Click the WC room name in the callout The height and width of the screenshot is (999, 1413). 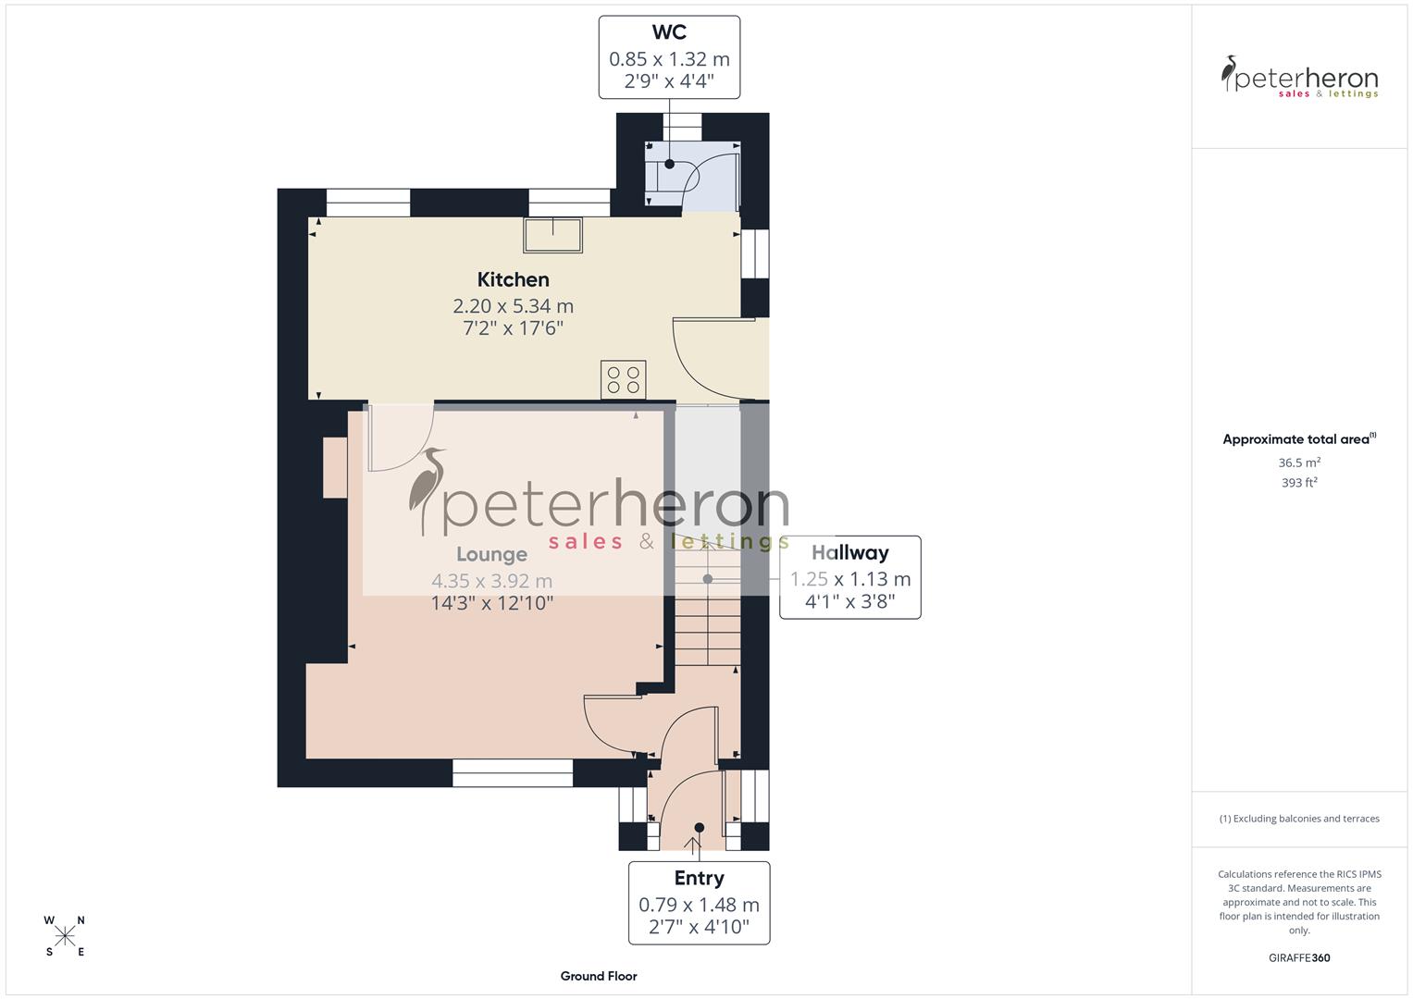[669, 32]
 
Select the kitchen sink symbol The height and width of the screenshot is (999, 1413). [553, 235]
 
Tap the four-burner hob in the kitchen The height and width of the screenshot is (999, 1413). [623, 379]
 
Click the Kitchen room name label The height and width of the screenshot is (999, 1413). [513, 279]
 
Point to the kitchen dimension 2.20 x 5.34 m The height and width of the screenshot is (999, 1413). [513, 305]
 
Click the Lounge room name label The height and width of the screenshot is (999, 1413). [491, 554]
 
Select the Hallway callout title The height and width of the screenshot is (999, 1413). [849, 553]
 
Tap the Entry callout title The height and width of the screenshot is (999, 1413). [699, 878]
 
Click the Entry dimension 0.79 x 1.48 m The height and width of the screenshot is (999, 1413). [699, 905]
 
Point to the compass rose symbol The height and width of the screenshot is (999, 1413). [65, 936]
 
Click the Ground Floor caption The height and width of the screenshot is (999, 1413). [599, 976]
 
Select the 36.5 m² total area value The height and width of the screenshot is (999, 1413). [1299, 462]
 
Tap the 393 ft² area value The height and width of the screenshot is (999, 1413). [1299, 483]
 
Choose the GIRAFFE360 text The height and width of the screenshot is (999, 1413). [1299, 957]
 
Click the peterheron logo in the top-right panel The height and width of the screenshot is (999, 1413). [1299, 78]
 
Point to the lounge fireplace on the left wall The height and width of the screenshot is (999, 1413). [334, 467]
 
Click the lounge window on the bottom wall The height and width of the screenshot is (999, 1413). [513, 773]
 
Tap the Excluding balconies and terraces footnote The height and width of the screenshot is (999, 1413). [1299, 819]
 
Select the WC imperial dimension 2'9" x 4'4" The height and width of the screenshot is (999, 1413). [669, 81]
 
